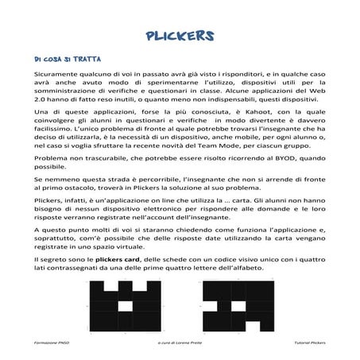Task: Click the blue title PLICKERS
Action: (180, 35)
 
